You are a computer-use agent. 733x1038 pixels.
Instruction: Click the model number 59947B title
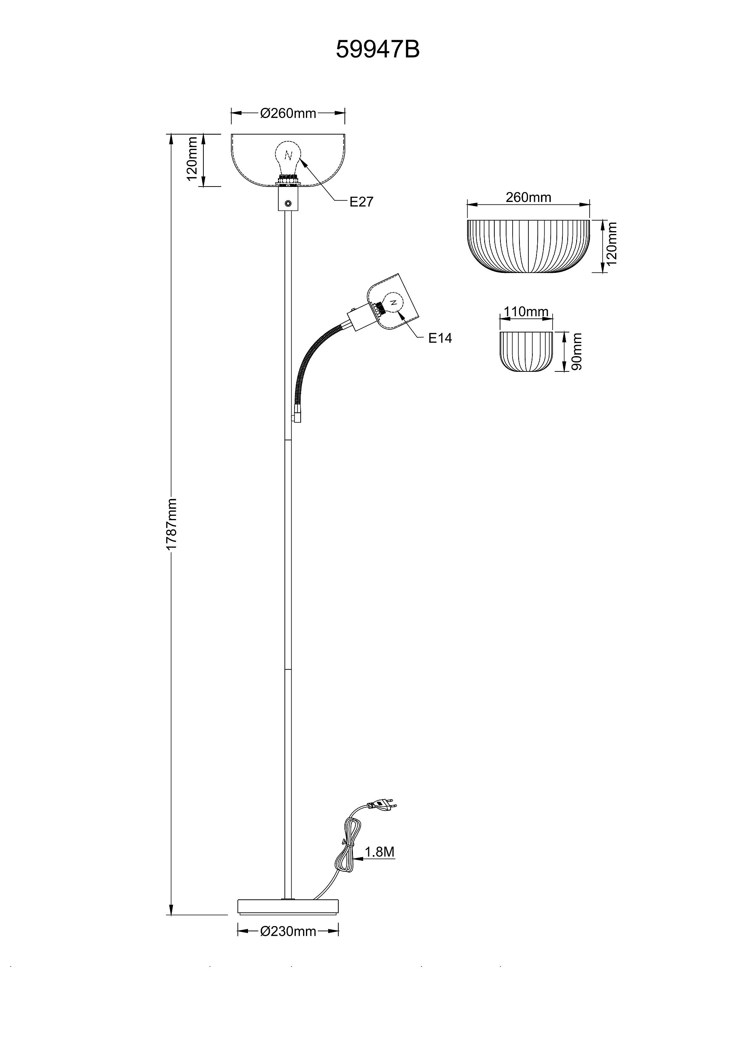pos(378,50)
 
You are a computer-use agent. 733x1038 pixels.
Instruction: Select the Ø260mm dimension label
pos(288,113)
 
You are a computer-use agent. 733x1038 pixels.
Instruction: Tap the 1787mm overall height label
pos(171,524)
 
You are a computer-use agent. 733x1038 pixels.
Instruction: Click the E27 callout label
pos(361,202)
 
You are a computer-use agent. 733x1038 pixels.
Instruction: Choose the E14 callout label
pos(440,338)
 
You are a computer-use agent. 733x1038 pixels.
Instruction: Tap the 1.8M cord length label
pos(380,852)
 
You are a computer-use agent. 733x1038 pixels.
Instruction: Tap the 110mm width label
pos(526,312)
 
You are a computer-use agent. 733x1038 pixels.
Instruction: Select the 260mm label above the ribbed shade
pos(528,197)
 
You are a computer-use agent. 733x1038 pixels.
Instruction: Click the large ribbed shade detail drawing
pos(528,247)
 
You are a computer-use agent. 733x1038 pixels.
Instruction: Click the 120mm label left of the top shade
pos(192,159)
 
